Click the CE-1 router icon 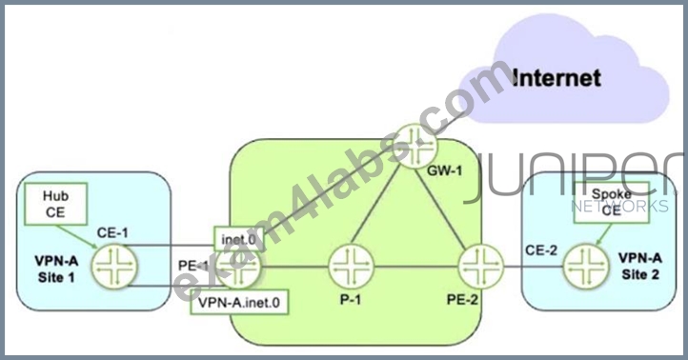coord(114,266)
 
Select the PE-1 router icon coord(238,267)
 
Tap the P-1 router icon coord(351,267)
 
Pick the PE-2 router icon coord(481,267)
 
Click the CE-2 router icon coord(586,267)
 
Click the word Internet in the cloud coord(556,78)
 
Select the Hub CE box coord(55,204)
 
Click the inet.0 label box coord(238,239)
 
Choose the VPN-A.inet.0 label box coord(239,302)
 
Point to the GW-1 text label coord(445,170)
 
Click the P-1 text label coord(350,299)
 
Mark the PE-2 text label coord(462,299)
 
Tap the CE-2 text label coord(541,250)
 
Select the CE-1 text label coord(112,232)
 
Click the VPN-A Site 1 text coord(56,269)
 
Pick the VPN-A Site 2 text coord(640,266)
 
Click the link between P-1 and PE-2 coord(416,267)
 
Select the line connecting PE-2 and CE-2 coord(534,267)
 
